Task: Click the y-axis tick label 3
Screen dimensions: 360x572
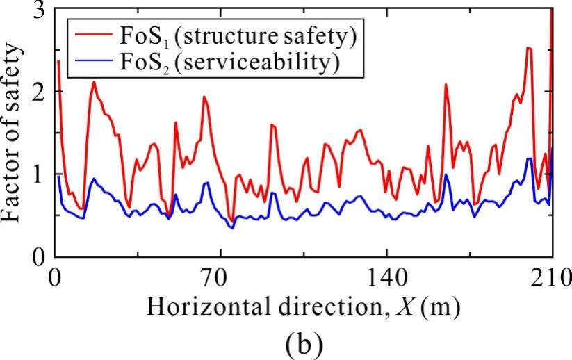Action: [x=40, y=10]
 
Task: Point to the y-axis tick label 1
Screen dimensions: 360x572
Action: [x=40, y=174]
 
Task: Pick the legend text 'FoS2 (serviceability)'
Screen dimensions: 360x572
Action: [x=228, y=63]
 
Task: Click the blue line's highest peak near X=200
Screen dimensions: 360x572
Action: [x=530, y=158]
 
